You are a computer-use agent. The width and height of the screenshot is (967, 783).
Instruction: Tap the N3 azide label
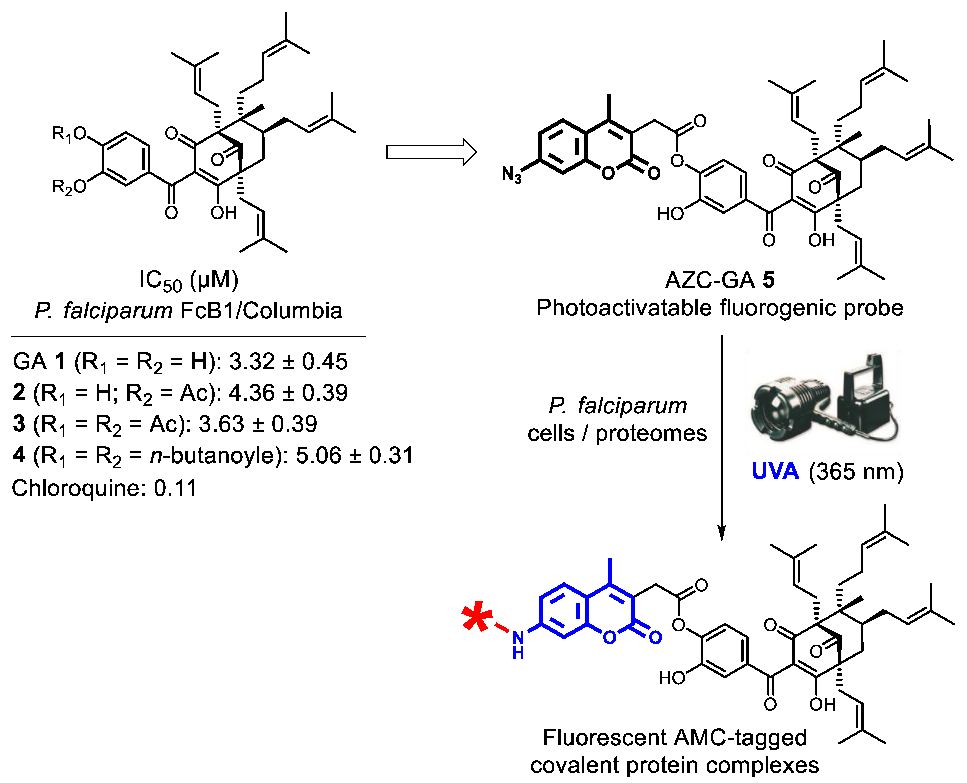coord(512,174)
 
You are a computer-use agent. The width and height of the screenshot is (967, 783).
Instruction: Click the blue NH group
coord(518,645)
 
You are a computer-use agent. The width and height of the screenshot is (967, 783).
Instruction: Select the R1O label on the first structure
coord(68,134)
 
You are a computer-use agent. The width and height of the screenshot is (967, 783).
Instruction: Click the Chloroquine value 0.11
coord(175,488)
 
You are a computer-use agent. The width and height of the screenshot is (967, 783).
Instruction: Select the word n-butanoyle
coord(212,455)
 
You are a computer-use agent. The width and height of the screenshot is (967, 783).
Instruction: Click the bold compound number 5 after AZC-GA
coord(769,280)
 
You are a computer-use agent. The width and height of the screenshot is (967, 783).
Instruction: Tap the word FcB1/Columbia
coord(262,311)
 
